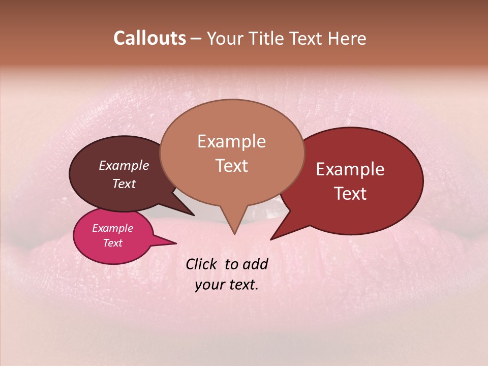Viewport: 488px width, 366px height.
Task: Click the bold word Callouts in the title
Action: point(149,38)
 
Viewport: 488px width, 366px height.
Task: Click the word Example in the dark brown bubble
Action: point(124,165)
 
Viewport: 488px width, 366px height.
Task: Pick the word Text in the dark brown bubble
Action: point(124,184)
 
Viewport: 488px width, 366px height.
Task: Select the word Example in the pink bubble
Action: point(113,228)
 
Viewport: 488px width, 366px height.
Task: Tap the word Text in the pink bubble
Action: point(113,243)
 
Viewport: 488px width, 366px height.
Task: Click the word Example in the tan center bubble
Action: point(232,141)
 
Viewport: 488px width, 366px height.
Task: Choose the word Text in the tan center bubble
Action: point(232,166)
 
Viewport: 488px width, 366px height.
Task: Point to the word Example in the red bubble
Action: point(350,169)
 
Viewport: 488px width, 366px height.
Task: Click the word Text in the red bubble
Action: point(350,194)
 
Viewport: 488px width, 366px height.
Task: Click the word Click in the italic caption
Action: point(202,264)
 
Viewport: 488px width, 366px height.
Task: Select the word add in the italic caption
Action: point(255,264)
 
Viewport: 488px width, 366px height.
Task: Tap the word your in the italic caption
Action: point(208,285)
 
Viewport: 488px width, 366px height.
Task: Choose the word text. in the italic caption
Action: point(242,285)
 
